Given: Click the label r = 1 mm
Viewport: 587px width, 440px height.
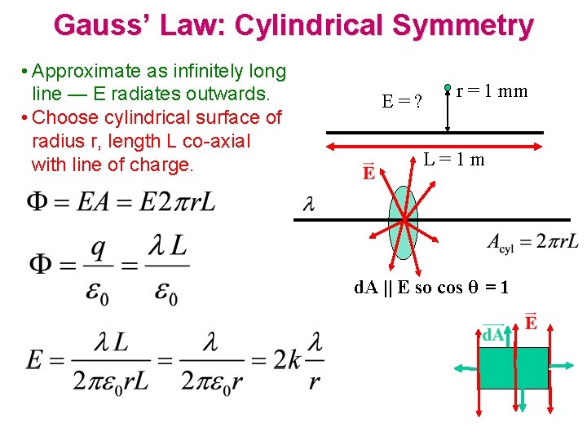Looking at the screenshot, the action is coord(492,91).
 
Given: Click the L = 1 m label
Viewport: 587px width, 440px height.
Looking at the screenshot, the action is coord(453,159).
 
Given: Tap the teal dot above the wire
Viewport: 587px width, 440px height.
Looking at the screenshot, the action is coord(448,87).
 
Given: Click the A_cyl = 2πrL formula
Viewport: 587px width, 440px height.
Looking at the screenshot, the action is coord(532,242).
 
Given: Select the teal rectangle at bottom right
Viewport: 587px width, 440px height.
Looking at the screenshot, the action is coord(513,368).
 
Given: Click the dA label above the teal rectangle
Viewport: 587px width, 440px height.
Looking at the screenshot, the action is coord(492,335).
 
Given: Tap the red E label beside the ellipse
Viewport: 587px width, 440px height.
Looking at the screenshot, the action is coord(369,173).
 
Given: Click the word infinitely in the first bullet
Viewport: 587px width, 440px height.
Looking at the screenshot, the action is coord(183,72).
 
